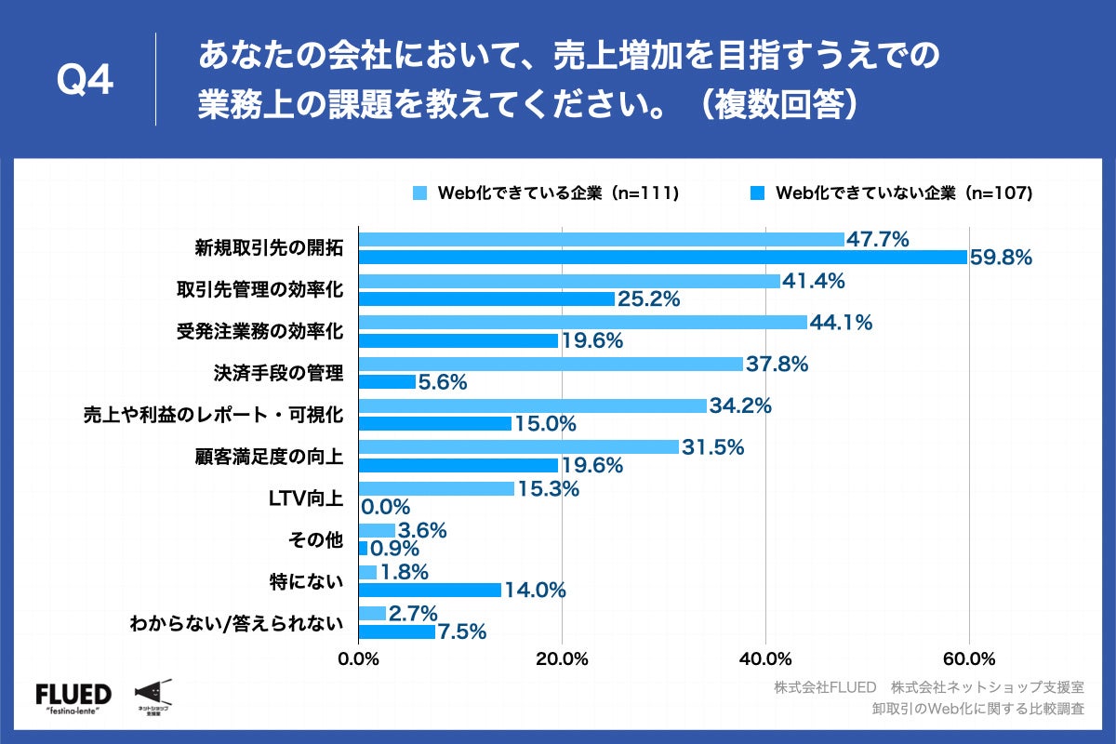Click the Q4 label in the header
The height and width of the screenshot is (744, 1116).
point(86,81)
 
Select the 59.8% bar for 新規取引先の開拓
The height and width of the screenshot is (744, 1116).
point(662,258)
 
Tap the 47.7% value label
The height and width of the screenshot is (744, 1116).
point(877,239)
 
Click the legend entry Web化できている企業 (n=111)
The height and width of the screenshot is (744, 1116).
point(546,193)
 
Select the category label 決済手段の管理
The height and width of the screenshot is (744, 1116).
point(278,374)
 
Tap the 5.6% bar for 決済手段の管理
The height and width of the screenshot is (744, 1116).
point(387,382)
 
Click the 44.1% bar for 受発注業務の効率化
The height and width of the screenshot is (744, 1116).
point(582,322)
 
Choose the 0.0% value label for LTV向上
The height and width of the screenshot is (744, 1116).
point(386,507)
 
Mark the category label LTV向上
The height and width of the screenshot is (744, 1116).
point(306,498)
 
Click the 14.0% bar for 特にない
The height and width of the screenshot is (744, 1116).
point(430,590)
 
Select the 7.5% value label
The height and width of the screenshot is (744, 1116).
point(462,632)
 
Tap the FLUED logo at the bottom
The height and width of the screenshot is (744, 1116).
point(73,697)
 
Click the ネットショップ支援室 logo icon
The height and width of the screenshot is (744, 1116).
point(152,695)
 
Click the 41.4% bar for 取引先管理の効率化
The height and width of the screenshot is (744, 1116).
point(569,281)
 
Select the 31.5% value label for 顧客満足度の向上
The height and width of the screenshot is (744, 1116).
point(713,447)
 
